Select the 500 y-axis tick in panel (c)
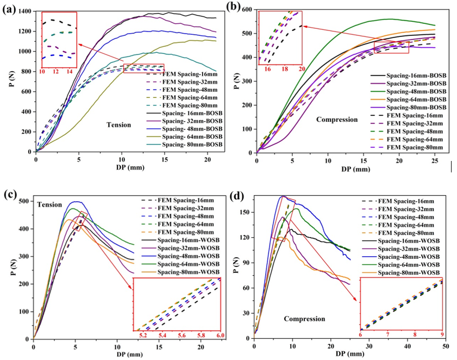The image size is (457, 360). [x=23, y=202]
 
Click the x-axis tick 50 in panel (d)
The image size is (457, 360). [x=446, y=346]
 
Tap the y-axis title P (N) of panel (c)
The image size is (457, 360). [x=9, y=269]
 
